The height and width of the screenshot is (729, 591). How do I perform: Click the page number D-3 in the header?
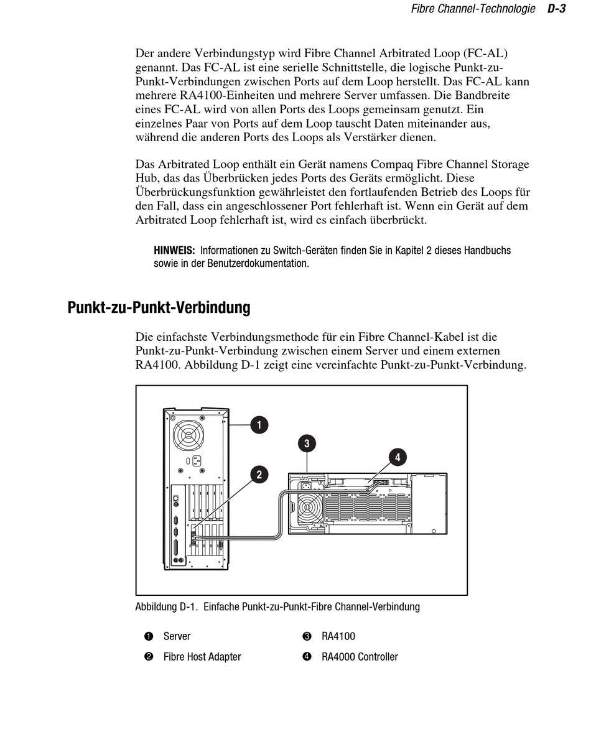click(556, 9)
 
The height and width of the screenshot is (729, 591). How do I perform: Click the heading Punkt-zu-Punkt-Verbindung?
click(159, 307)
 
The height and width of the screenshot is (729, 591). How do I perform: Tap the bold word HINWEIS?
click(174, 251)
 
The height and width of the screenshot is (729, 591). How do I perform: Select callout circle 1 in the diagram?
click(259, 425)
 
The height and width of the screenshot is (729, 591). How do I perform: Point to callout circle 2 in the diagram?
click(259, 475)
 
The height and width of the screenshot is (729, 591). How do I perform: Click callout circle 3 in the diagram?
click(306, 443)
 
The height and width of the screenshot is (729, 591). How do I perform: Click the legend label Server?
click(177, 636)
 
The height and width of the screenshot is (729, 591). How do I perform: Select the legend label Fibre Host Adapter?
click(202, 657)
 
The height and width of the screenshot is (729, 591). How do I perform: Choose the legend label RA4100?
click(338, 636)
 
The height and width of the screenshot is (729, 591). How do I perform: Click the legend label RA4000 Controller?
click(360, 657)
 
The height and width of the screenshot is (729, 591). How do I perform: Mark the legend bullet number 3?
click(307, 636)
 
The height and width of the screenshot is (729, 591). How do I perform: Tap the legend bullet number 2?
click(149, 657)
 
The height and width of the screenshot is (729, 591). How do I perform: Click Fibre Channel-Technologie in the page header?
click(473, 9)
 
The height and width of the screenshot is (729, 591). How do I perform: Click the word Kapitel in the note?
click(409, 251)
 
